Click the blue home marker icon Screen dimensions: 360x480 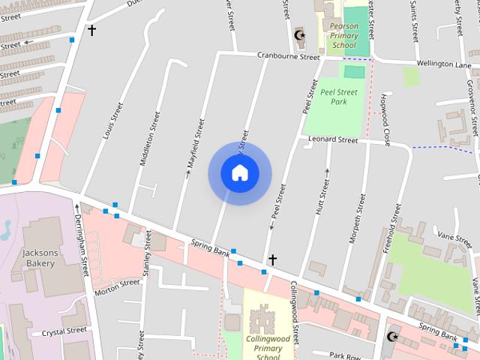[239, 172]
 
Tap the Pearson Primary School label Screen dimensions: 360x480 [343, 35]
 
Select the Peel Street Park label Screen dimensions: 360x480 [338, 96]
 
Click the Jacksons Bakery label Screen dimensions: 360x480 [39, 258]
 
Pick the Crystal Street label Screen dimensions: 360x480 [64, 331]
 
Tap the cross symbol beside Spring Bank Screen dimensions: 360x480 [273, 259]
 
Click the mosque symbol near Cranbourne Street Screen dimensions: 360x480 [299, 35]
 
